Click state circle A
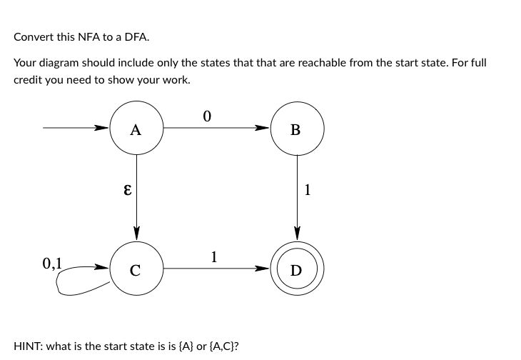coord(136,129)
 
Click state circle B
coord(296,129)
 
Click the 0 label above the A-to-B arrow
coord(206,115)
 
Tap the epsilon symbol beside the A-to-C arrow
coord(126,191)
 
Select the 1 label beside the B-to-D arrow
coord(307,190)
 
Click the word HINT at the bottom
coord(28,346)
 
